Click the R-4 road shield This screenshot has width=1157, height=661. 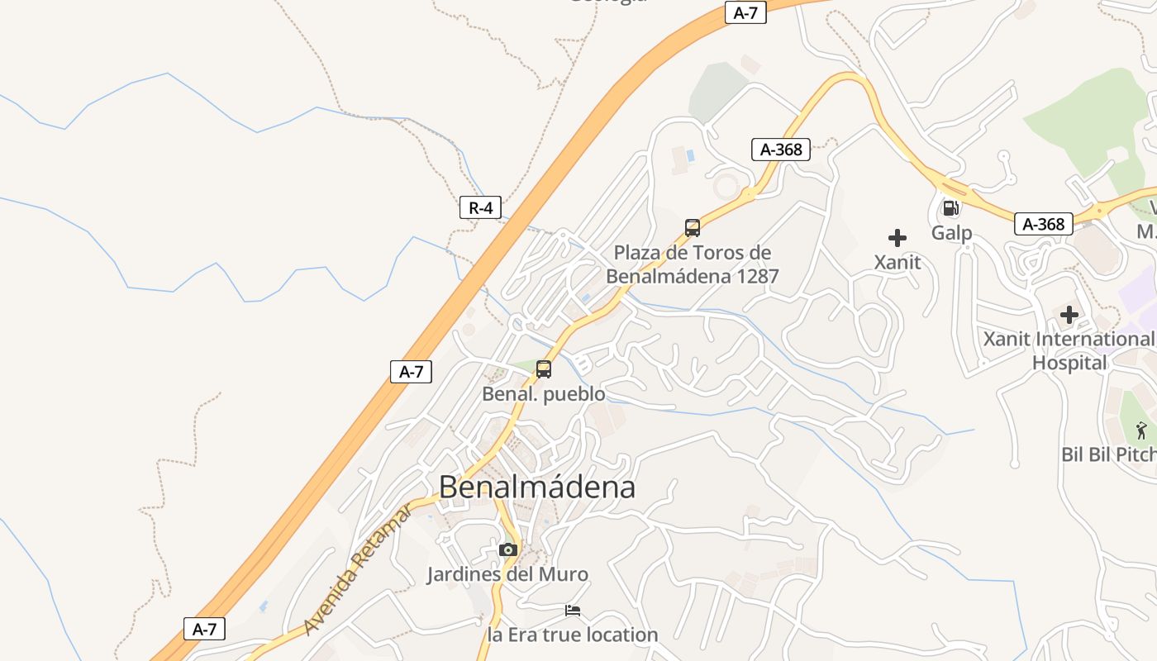[x=480, y=208]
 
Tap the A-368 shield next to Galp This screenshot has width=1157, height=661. [x=1044, y=224]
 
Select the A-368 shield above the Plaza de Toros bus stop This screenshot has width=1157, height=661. [x=780, y=150]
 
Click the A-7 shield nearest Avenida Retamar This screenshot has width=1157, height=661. [x=204, y=629]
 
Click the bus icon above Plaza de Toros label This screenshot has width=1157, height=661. [x=693, y=228]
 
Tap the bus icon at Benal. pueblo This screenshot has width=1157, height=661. [x=544, y=369]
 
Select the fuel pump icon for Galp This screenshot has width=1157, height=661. [x=950, y=208]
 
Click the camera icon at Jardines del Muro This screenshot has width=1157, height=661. [x=508, y=549]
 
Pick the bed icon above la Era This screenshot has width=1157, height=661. [x=573, y=611]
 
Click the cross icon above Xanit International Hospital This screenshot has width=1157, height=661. [x=1069, y=315]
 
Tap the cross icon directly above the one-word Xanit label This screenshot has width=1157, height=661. [x=897, y=239]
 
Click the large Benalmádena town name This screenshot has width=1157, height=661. [x=537, y=487]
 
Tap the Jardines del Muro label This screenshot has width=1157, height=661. [x=507, y=574]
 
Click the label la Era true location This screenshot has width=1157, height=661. [x=573, y=635]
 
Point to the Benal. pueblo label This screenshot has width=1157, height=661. [x=544, y=394]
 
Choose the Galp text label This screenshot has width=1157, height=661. [x=951, y=233]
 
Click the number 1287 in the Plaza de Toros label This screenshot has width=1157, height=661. [x=749, y=276]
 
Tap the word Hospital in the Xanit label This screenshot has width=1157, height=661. [x=1069, y=363]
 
